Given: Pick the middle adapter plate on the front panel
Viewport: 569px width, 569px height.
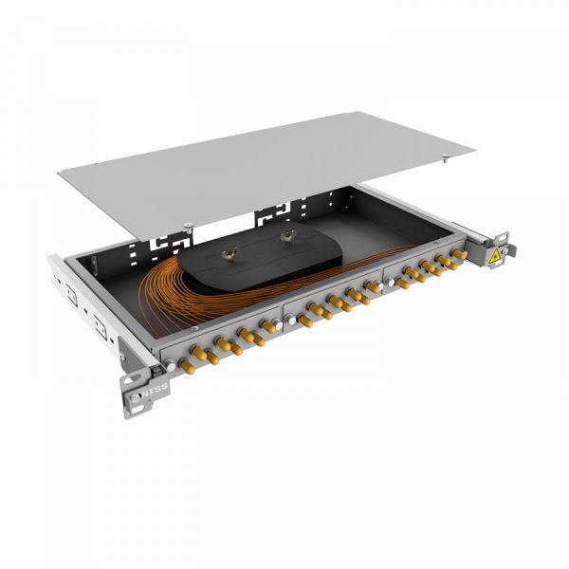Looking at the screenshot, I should pos(332,308).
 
